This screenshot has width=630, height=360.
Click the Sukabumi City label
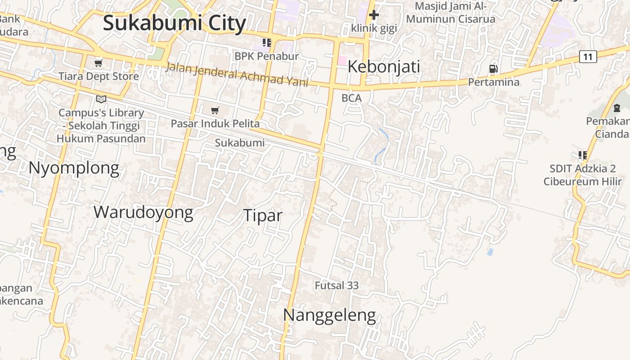click(x=174, y=23)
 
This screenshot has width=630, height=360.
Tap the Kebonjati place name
click(x=384, y=67)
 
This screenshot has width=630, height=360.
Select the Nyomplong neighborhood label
click(x=74, y=168)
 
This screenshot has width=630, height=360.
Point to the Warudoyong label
click(x=143, y=212)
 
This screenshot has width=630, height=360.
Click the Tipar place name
click(x=263, y=215)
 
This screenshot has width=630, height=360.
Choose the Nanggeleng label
click(x=329, y=315)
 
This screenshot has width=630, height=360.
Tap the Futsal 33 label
click(x=337, y=285)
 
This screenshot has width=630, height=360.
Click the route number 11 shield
click(x=588, y=57)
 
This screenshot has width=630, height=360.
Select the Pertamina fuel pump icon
click(x=494, y=69)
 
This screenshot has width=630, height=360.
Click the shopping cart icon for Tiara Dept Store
click(x=98, y=63)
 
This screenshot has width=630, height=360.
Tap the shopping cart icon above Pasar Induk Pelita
click(x=215, y=110)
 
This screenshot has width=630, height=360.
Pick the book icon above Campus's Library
click(x=101, y=99)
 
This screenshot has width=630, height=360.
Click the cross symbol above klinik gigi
click(x=373, y=15)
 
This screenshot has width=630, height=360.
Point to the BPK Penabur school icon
click(x=267, y=43)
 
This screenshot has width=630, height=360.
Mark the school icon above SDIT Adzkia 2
click(x=583, y=155)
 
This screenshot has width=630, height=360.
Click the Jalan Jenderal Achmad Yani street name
click(x=237, y=74)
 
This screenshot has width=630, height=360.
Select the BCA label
click(x=351, y=98)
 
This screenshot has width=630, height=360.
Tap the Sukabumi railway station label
click(x=239, y=143)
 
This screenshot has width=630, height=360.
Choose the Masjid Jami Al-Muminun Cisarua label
click(x=450, y=13)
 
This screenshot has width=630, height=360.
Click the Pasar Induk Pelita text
click(x=215, y=123)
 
